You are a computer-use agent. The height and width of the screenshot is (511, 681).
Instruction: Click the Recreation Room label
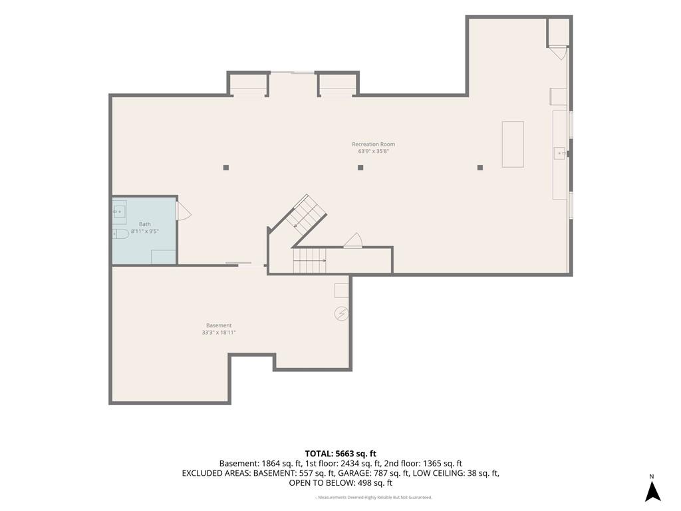pyautogui.click(x=374, y=144)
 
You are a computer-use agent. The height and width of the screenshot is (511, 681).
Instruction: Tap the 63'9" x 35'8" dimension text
pyautogui.click(x=374, y=152)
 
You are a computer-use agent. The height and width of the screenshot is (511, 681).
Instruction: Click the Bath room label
pyautogui.click(x=144, y=224)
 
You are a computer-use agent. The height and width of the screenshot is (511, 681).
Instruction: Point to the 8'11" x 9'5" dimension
pyautogui.click(x=144, y=232)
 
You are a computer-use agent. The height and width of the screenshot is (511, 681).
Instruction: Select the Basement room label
pyautogui.click(x=219, y=325)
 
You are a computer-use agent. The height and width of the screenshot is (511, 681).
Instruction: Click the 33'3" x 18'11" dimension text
pyautogui.click(x=219, y=333)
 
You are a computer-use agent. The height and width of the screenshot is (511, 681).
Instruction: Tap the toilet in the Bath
pyautogui.click(x=121, y=234)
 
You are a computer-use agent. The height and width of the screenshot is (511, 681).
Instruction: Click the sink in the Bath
pyautogui.click(x=120, y=212)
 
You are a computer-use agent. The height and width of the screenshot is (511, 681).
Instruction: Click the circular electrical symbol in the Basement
pyautogui.click(x=341, y=313)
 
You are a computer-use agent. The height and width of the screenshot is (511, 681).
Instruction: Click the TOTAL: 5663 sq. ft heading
pyautogui.click(x=340, y=454)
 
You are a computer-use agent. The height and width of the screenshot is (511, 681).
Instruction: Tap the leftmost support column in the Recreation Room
pyautogui.click(x=226, y=167)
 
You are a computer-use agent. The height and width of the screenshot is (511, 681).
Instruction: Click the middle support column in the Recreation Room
pyautogui.click(x=360, y=167)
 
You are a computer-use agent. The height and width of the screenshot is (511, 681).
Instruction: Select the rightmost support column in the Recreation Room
pyautogui.click(x=480, y=167)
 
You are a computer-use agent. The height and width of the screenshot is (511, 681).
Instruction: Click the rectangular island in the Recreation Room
pyautogui.click(x=513, y=144)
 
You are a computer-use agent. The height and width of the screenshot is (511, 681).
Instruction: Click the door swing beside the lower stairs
pyautogui.click(x=354, y=241)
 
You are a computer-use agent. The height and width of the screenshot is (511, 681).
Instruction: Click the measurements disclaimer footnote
pyautogui.click(x=374, y=498)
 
